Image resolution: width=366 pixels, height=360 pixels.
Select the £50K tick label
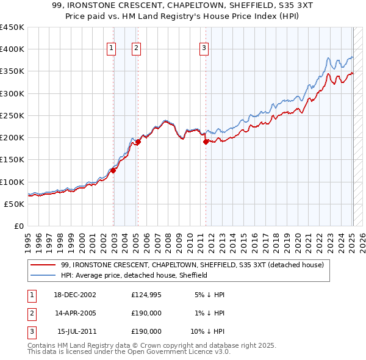15,204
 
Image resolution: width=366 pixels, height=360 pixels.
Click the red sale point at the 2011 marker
206,142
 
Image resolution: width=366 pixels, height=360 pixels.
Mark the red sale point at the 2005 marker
138,142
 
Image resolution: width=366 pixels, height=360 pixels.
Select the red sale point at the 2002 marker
113,170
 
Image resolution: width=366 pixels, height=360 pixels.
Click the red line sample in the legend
43,265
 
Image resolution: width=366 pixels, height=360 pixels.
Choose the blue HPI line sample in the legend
43,275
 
